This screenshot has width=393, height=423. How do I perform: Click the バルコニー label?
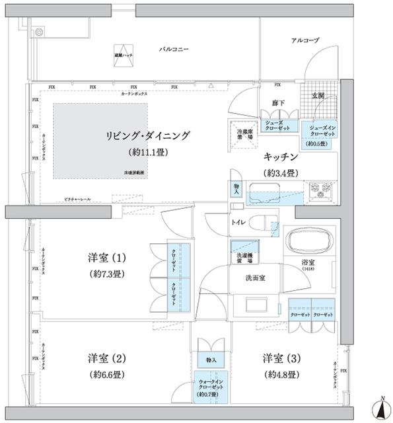coord(175,50)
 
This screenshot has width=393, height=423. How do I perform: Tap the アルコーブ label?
coord(304,41)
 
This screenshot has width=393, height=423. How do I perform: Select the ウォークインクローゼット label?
coord(209,387)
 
